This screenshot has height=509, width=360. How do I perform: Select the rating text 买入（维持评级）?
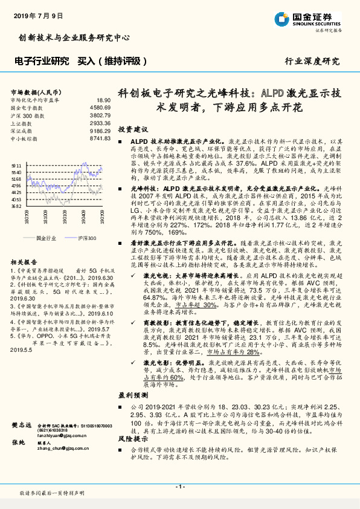[113, 61]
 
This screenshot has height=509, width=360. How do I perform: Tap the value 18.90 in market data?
[104, 100]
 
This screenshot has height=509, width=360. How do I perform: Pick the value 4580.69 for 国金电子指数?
[101, 108]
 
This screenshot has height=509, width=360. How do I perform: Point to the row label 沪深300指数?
[27, 115]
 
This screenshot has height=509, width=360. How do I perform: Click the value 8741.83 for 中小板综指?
[101, 138]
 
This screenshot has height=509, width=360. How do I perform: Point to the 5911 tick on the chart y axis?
[16, 164]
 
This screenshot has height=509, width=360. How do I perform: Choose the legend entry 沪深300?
[86, 238]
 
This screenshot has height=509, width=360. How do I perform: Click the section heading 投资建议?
[133, 130]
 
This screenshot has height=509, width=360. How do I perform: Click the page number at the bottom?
[179, 487]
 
